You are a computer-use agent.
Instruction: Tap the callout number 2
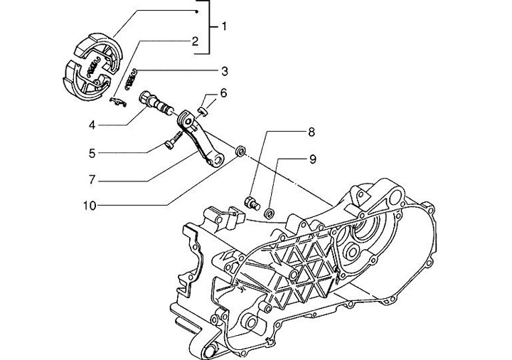[194, 42]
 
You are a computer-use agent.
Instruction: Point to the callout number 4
[112, 125]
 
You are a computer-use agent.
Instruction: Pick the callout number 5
[112, 152]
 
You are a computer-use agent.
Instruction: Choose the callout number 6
[223, 92]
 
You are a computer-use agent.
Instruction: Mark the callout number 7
[112, 178]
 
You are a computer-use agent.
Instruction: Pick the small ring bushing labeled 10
[241, 152]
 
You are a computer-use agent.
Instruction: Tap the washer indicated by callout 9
[269, 212]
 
